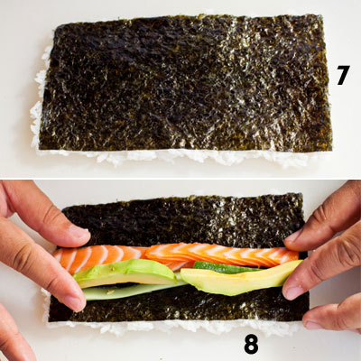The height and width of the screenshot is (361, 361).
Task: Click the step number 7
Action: (x=343, y=75)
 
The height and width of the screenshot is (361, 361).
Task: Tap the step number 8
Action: (x=251, y=344)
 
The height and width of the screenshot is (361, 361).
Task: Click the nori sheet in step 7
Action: (x=186, y=83)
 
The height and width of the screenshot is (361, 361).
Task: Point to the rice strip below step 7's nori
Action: (x=180, y=156)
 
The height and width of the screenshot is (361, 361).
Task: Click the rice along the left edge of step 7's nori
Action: (x=39, y=99)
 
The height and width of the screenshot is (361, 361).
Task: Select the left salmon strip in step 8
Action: (x=97, y=259)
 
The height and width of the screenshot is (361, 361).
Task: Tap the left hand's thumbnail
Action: (x=79, y=233)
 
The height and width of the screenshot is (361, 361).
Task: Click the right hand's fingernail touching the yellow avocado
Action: (x=292, y=292)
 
